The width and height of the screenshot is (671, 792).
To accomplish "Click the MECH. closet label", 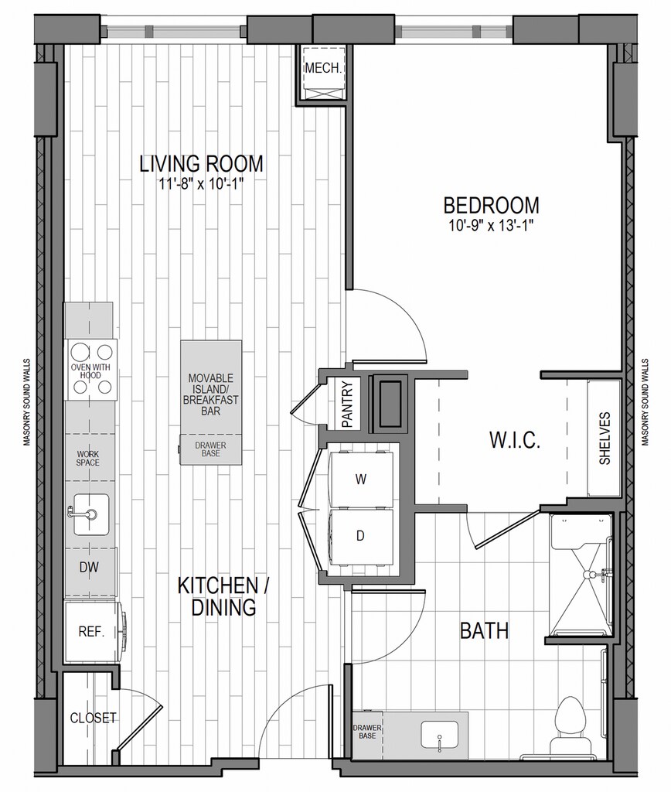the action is click(x=323, y=68).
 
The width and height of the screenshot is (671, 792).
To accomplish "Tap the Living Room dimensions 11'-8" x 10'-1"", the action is click(x=202, y=184).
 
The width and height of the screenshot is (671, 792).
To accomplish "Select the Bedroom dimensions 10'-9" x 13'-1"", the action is click(x=491, y=226).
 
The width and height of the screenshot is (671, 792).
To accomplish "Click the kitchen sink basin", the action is click(x=91, y=514).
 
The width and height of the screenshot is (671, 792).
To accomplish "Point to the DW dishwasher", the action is click(x=90, y=567).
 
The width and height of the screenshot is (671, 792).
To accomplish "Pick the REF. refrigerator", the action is click(x=91, y=631).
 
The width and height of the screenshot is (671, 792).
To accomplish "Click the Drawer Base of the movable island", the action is click(x=210, y=449).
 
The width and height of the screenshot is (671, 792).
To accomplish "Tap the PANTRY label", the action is click(x=347, y=404).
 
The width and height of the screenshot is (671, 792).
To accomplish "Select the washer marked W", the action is click(x=361, y=480).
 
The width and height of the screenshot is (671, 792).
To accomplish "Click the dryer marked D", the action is click(x=361, y=537).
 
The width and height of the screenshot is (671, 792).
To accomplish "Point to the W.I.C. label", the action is click(x=515, y=440).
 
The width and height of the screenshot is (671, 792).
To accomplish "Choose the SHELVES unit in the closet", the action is click(x=604, y=439).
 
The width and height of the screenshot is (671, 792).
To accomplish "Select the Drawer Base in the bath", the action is click(x=367, y=732).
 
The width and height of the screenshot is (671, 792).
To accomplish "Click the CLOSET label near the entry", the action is click(x=93, y=718).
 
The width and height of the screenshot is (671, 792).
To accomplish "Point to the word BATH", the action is click(x=484, y=631).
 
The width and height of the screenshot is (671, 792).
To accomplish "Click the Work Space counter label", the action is click(x=88, y=459).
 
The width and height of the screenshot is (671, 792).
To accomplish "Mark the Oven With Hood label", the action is click(x=90, y=371).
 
